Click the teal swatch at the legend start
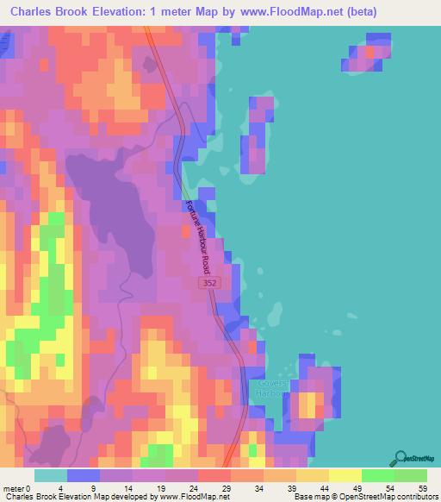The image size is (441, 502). pos(50,475)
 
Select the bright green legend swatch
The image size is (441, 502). pos(378,475)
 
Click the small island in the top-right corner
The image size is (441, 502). pos(370,53)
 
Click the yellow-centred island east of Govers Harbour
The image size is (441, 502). pos(308,401)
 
